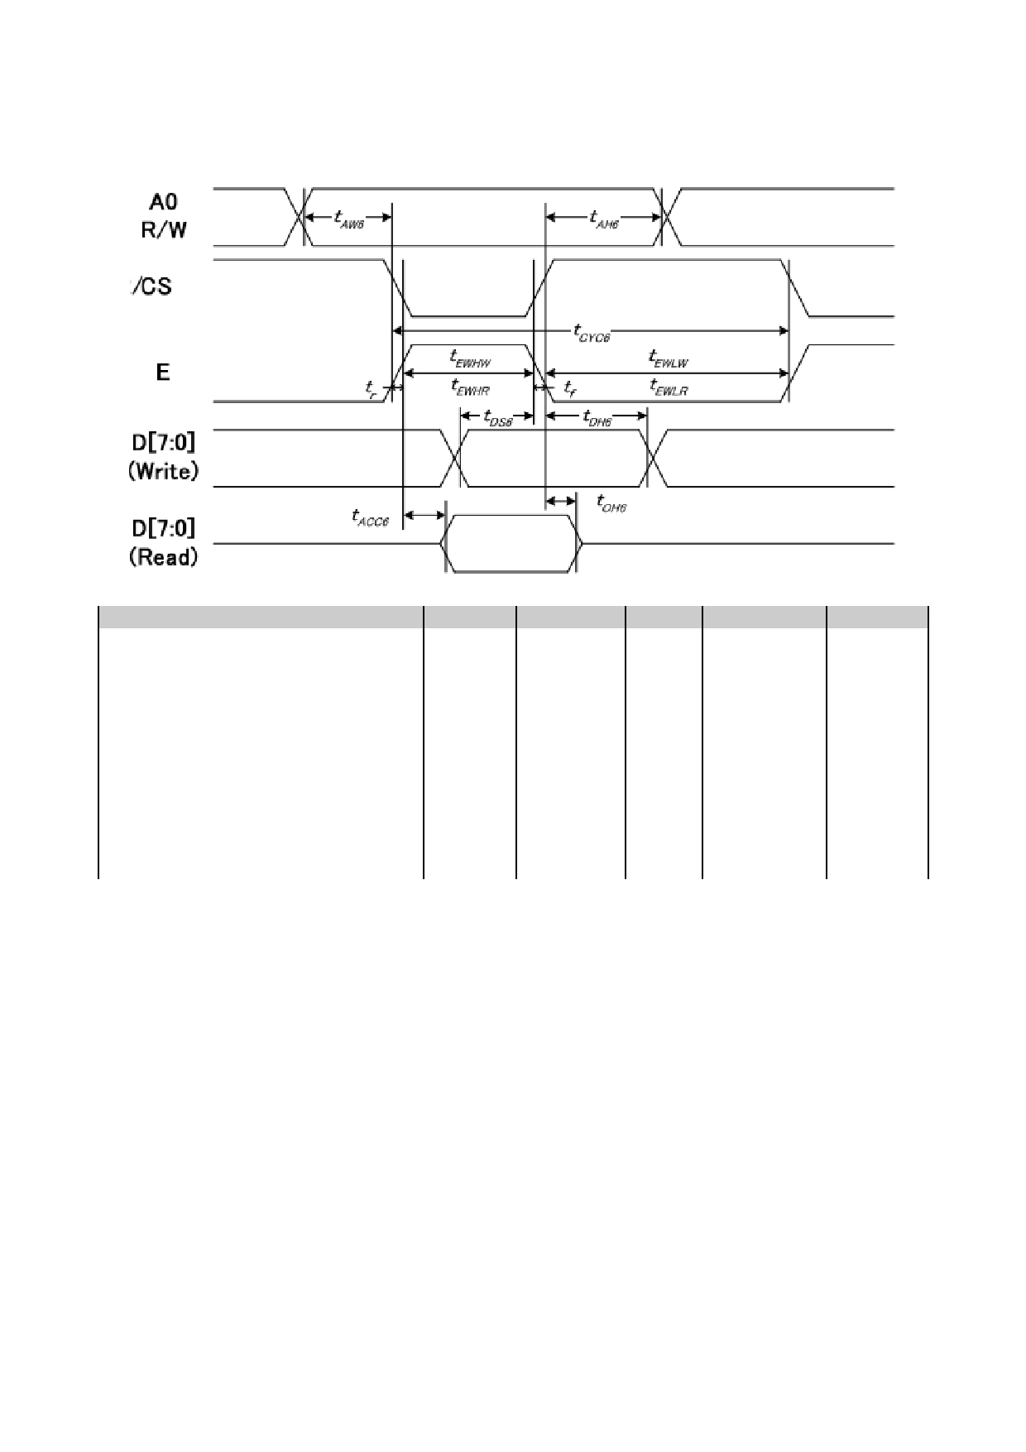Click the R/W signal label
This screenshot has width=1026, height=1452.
(164, 230)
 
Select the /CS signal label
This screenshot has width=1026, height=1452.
(151, 287)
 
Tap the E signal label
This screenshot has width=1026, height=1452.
(163, 373)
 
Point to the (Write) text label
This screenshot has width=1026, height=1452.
(163, 472)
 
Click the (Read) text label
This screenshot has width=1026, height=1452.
(163, 558)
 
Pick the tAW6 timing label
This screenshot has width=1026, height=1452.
(348, 219)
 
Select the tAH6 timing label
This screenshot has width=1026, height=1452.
(603, 219)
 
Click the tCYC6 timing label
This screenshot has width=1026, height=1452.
(591, 332)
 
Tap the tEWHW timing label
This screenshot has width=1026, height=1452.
(470, 358)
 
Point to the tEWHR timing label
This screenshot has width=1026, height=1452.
(470, 386)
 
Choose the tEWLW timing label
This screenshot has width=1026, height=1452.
(669, 358)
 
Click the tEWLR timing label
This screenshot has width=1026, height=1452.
(669, 386)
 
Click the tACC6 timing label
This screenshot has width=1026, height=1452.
(370, 517)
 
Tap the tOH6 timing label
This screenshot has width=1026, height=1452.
(611, 502)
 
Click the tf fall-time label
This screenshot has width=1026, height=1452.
(569, 387)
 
